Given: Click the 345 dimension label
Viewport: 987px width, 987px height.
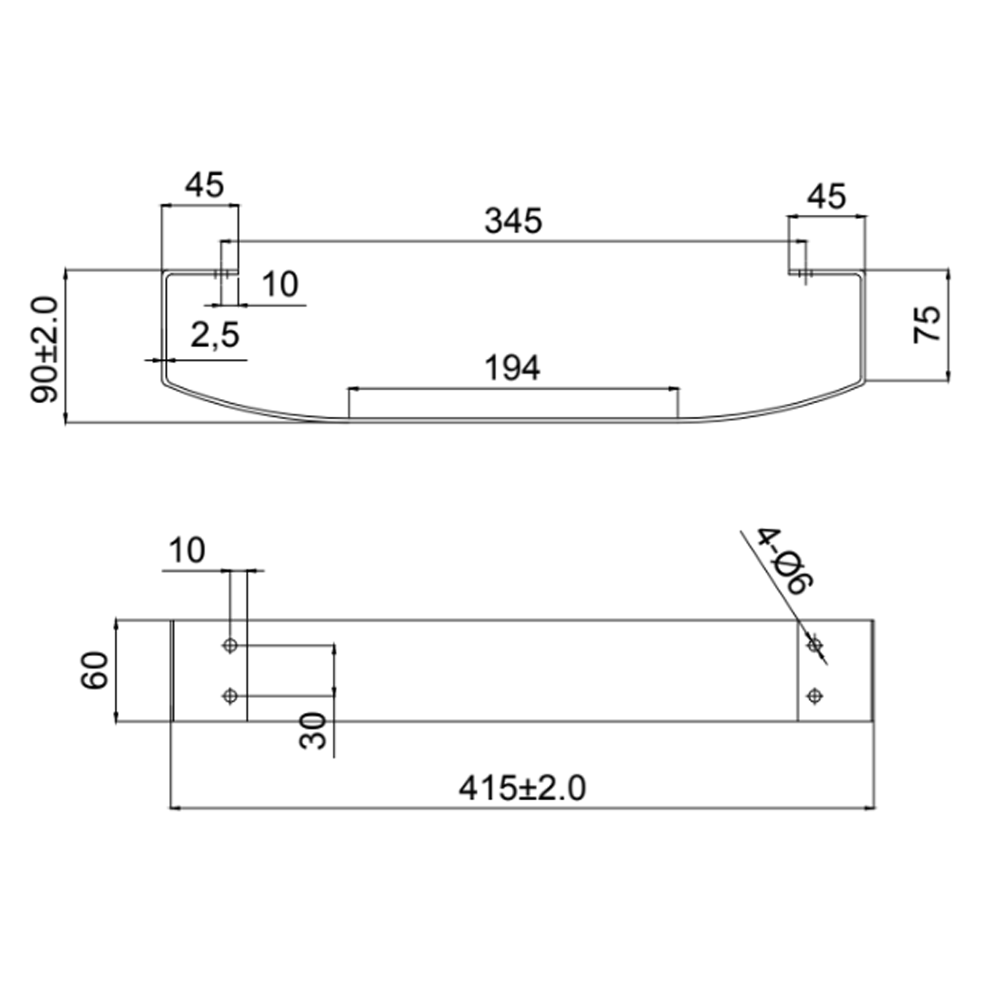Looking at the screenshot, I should click(x=513, y=222).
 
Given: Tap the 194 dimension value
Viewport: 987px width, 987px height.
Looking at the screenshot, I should click(x=512, y=368).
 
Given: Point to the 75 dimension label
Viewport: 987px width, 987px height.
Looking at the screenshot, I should click(x=927, y=324).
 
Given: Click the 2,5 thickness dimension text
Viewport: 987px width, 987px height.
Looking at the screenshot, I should click(x=215, y=336).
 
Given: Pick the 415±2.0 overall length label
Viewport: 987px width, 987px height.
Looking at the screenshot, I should click(x=522, y=789).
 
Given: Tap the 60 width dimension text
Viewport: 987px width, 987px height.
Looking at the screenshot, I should click(x=95, y=670).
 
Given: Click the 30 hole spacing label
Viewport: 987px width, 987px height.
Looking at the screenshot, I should click(x=313, y=731).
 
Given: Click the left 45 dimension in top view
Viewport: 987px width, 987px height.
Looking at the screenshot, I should click(x=204, y=185).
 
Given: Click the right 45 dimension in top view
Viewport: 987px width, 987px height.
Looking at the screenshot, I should click(x=827, y=197).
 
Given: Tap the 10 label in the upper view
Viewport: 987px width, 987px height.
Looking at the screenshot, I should click(x=280, y=285).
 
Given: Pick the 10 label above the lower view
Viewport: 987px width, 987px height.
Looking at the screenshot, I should click(x=187, y=551).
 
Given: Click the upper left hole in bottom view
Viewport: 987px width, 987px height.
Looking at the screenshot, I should click(x=230, y=645).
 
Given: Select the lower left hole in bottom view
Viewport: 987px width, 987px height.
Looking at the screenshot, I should click(x=230, y=696).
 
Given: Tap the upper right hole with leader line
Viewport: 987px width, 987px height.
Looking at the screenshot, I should click(x=814, y=645).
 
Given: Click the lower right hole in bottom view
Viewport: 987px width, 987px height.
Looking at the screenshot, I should click(x=814, y=696).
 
